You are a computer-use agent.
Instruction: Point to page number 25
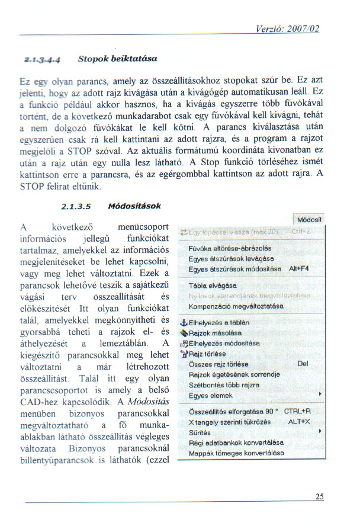(x=319, y=497)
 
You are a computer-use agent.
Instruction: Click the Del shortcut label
(x=304, y=364)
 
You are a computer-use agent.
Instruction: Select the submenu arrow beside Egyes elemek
(x=320, y=394)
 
